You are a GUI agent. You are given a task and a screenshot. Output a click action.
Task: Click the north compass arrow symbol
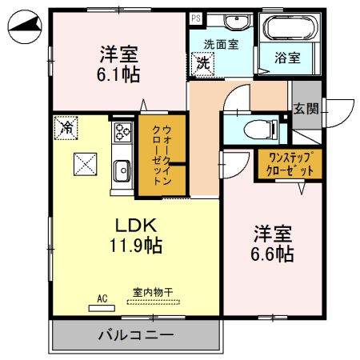pyautogui.click(x=23, y=30)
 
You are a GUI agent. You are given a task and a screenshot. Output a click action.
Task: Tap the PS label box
pyautogui.click(x=195, y=17)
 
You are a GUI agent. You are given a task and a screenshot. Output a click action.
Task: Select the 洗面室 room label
pyautogui.click(x=220, y=45)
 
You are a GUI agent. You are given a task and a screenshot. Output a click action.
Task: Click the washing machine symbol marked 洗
pyautogui.click(x=202, y=62)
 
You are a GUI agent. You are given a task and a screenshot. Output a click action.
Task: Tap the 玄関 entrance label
pyautogui.click(x=304, y=109)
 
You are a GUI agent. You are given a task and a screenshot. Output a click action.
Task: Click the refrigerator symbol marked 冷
pyautogui.click(x=68, y=126)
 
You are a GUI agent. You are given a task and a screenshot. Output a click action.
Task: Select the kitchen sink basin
pyautogui.click(x=122, y=169)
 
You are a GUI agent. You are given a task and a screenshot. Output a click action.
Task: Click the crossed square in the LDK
pyautogui.click(x=85, y=165)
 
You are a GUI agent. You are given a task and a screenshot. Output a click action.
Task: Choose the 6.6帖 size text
pyautogui.click(x=273, y=254)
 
